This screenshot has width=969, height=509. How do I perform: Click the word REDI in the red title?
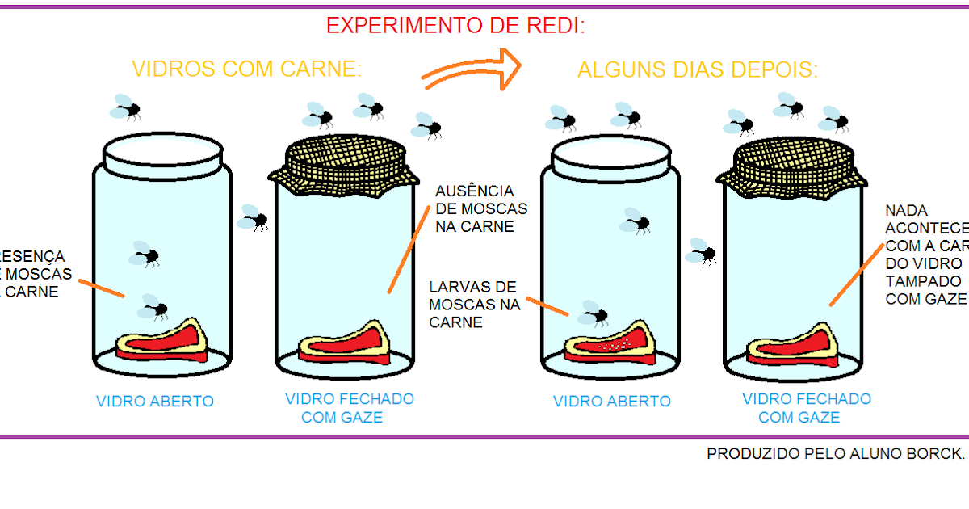click(x=553, y=26)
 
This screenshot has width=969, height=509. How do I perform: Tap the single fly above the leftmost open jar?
click(x=127, y=107)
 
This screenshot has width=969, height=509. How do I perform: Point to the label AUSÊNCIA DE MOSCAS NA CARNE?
click(x=475, y=208)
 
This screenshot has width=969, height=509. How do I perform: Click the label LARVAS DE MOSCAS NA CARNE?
click(x=474, y=305)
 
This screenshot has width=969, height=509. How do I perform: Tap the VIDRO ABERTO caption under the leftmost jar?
click(x=155, y=401)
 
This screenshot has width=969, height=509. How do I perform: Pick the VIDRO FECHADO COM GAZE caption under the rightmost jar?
click(x=806, y=408)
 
